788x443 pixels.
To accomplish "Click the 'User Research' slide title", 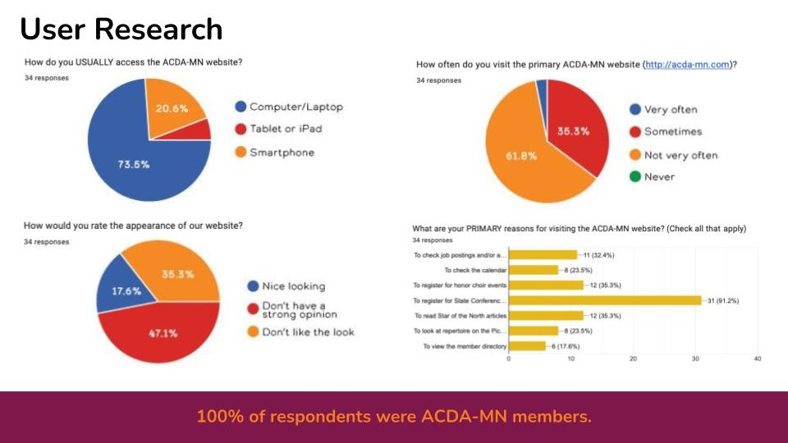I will pos(121,30).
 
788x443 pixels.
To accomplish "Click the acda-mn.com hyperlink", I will pos(688,64).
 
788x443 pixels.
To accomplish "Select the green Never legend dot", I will pos(635,176).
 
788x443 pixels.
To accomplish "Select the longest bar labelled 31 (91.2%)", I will pos(605,300).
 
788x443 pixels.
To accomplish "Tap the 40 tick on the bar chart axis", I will pos(757,359).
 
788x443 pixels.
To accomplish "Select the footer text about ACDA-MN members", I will pos(394,417).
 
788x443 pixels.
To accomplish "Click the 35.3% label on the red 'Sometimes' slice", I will pos(574,131).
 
